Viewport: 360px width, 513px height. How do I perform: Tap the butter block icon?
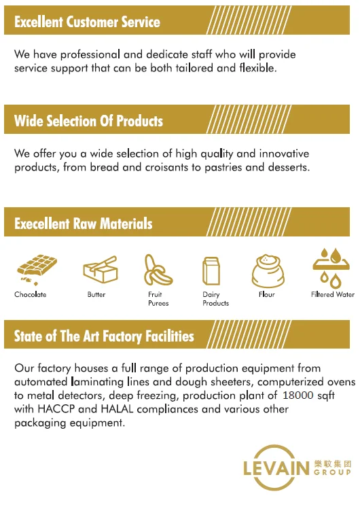[x=101, y=269]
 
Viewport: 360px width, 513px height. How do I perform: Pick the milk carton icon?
[x=211, y=271]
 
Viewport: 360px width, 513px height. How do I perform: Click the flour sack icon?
[x=268, y=271]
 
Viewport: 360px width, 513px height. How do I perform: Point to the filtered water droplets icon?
[x=331, y=268]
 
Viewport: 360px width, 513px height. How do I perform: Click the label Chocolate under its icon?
[x=31, y=294]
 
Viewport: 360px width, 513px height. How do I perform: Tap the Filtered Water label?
[x=333, y=294]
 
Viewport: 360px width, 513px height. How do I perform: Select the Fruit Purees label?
[x=158, y=299]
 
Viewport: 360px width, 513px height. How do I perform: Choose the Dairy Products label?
[x=216, y=299]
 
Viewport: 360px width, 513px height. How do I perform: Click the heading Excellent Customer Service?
[x=88, y=22]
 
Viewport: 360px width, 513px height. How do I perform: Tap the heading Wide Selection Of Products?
[x=88, y=121]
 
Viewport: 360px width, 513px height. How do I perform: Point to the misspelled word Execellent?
[x=42, y=224]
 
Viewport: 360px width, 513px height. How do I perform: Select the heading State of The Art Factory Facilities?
[x=104, y=336]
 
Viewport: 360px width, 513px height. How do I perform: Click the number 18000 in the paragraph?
[x=298, y=395]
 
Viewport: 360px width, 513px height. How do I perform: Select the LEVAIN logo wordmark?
[x=276, y=467]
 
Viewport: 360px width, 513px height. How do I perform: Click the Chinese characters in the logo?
[x=333, y=463]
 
